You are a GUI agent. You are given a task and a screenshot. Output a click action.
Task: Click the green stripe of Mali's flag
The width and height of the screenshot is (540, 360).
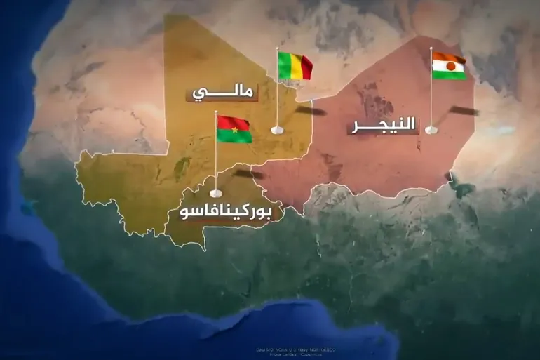[284, 66]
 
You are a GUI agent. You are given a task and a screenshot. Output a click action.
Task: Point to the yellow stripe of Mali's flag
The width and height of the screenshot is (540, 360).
[294, 66]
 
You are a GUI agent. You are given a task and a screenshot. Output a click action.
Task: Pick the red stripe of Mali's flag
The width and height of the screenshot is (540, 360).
[305, 68]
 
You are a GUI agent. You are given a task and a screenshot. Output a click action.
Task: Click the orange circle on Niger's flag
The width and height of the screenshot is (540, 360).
[450, 65]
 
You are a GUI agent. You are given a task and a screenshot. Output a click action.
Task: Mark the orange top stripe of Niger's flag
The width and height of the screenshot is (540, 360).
[450, 57]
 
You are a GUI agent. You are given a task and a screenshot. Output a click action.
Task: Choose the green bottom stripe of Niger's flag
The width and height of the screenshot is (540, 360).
[450, 74]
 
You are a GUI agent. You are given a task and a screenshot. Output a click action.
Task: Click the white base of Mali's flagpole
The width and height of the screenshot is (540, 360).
[277, 130]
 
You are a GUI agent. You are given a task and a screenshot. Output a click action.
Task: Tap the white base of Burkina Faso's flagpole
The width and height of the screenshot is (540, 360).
[216, 191]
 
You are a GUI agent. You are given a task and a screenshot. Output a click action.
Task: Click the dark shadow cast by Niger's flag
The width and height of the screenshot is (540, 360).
[464, 111]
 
